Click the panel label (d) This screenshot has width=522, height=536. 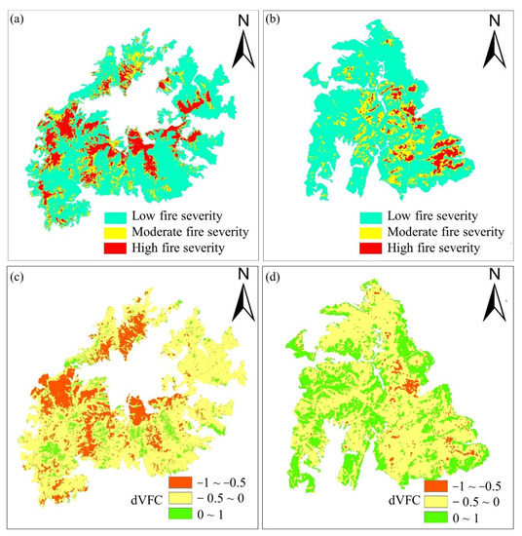pyautogui.click(x=279, y=285)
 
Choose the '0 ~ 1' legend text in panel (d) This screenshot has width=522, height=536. pyautogui.click(x=465, y=517)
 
